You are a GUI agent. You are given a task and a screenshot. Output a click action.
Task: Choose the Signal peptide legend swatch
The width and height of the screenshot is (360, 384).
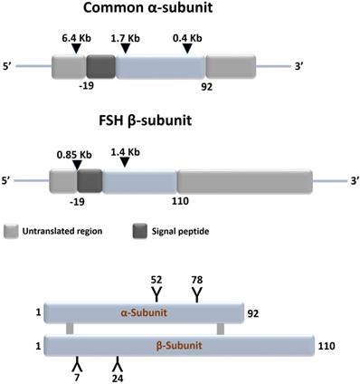pyautogui.click(x=141, y=230)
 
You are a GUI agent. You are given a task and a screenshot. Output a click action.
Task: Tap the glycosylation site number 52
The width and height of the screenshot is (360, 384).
pyautogui.click(x=156, y=281)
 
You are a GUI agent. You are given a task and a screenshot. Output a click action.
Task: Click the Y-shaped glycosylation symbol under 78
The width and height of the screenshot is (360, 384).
pyautogui.click(x=197, y=294)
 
